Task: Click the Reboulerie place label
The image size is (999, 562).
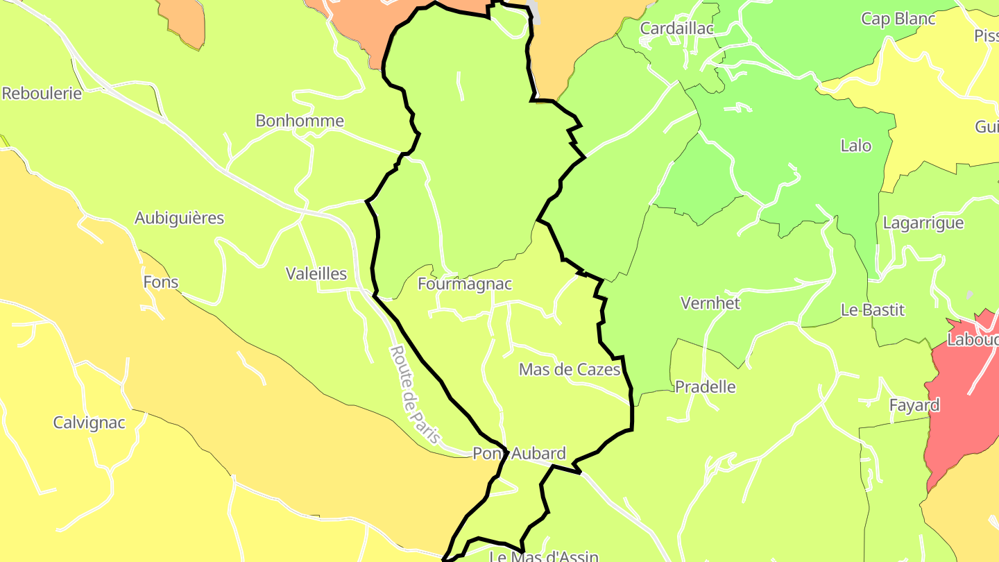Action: pyautogui.click(x=42, y=93)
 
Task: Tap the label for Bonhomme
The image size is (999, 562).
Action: pyautogui.click(x=300, y=121)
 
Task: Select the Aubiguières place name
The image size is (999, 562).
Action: pyautogui.click(x=179, y=218)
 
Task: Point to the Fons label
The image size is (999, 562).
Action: pyautogui.click(x=161, y=282)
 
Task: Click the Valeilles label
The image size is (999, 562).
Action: pyautogui.click(x=316, y=274)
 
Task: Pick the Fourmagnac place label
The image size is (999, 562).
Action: pyautogui.click(x=465, y=284)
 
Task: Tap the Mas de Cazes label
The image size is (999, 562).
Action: pyautogui.click(x=570, y=370)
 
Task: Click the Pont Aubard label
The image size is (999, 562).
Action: pyautogui.click(x=519, y=454)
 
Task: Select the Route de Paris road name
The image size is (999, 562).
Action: pyautogui.click(x=415, y=394)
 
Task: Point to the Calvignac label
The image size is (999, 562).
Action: pyautogui.click(x=89, y=423)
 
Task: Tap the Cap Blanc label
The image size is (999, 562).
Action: pyautogui.click(x=898, y=19)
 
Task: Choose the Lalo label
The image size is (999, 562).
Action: pyautogui.click(x=855, y=146)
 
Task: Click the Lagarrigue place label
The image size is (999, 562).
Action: pyautogui.click(x=923, y=223)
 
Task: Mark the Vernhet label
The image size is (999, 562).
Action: pyautogui.click(x=710, y=303)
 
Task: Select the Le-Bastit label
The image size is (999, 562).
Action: pyautogui.click(x=873, y=310)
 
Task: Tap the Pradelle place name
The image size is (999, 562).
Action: pyautogui.click(x=706, y=387)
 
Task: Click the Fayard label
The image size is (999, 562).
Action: pyautogui.click(x=915, y=405)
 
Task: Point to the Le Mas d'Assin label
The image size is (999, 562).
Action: pyautogui.click(x=544, y=556)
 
